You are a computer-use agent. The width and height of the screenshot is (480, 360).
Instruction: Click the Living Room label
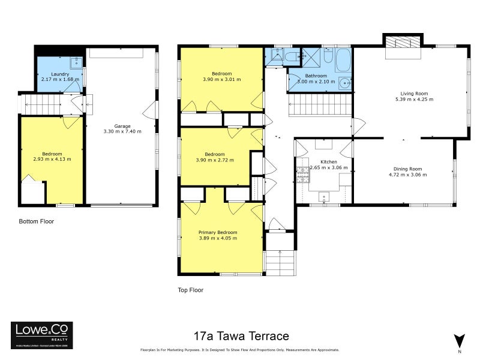tap(414, 93)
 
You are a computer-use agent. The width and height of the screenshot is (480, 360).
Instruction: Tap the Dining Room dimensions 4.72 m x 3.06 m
tap(410, 175)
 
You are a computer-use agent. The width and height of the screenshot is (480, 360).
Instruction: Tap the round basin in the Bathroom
tap(342, 83)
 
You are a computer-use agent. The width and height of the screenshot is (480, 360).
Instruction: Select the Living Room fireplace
tap(403, 43)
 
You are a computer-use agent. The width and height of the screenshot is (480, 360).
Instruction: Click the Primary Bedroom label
tap(218, 232)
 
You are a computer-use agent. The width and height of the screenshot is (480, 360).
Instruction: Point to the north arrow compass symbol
tap(459, 340)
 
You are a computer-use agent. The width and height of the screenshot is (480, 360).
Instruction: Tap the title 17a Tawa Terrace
tap(241, 336)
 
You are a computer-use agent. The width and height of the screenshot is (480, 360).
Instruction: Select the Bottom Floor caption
tap(37, 221)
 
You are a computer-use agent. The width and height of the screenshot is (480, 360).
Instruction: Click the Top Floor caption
tap(191, 290)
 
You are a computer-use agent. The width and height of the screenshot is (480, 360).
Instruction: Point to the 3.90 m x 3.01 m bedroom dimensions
tap(222, 79)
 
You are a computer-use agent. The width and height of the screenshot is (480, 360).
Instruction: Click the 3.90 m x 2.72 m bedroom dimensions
tap(214, 160)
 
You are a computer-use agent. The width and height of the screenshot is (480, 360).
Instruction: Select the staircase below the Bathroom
tap(320, 108)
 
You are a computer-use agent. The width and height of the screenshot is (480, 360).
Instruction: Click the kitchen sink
tap(325, 196)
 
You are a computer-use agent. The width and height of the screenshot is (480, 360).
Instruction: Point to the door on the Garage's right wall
tap(150, 111)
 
